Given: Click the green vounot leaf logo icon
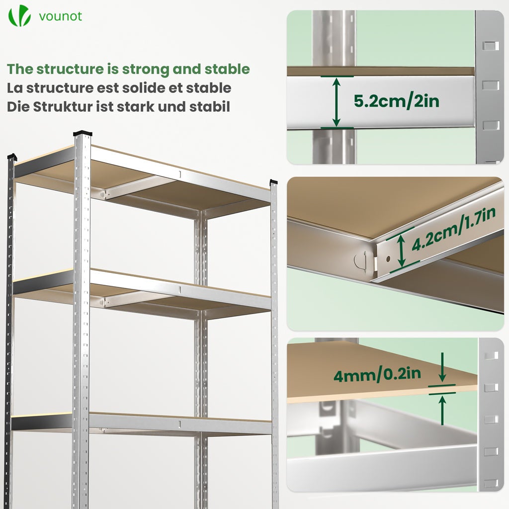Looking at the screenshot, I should pos(19,16).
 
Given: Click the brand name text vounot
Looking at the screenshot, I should pos(60,16).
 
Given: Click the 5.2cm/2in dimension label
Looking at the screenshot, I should pos(396,101).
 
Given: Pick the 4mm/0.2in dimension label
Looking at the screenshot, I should pos(377,374).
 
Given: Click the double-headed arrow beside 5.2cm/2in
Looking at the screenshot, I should pos(337,102).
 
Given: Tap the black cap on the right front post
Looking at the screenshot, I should pos(273,182).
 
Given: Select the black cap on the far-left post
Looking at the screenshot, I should pos(12,157).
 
